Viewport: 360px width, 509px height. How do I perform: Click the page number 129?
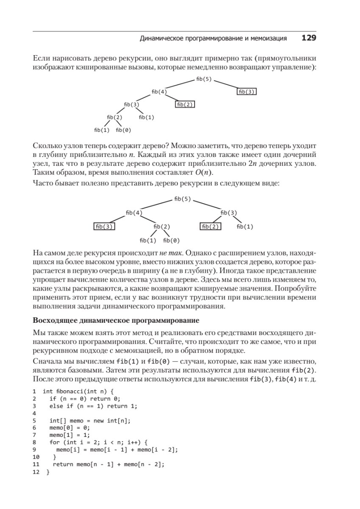coord(309,38)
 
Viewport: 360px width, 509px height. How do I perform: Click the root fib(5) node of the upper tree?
coord(204,79)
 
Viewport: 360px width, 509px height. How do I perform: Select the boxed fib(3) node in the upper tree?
coord(247,92)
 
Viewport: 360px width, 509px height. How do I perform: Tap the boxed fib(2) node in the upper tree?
coord(185,104)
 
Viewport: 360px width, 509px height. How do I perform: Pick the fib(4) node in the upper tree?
coord(159,92)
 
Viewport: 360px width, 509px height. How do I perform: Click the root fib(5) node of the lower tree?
coord(182,199)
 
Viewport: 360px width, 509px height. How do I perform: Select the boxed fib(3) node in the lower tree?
coord(104,227)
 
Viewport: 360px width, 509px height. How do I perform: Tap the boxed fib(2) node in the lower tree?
coord(211,227)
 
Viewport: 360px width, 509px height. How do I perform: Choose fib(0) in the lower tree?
coord(171,241)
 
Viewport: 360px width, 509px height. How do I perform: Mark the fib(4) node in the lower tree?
coord(134,213)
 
